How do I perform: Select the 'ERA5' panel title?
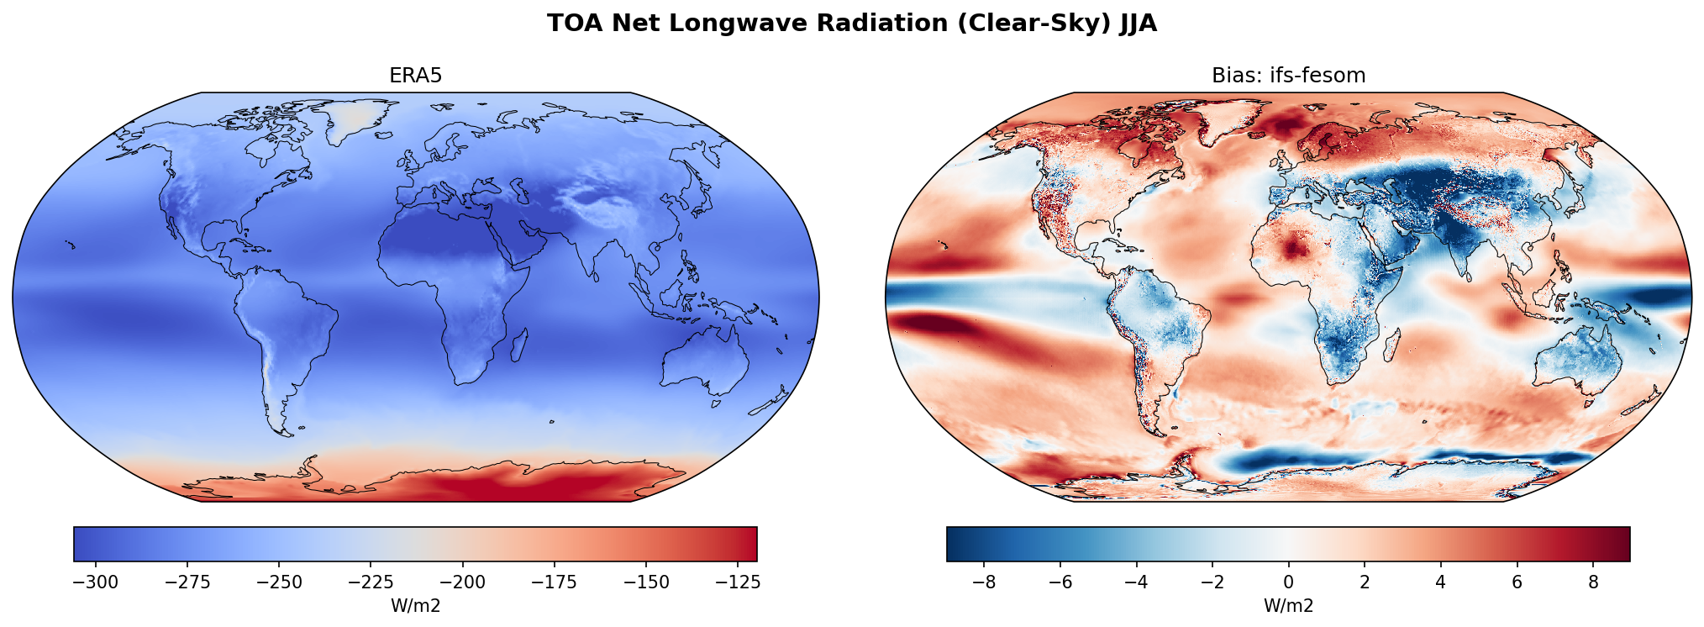pos(415,76)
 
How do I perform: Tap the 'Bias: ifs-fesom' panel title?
pos(1288,76)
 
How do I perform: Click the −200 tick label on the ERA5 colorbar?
pos(463,582)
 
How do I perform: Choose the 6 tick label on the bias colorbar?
pos(1517,582)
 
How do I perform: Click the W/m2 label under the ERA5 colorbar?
pos(415,606)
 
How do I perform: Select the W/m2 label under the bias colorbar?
pos(1288,606)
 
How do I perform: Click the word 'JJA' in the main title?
pos(1138,24)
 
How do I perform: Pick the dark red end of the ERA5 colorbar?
pos(749,544)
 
